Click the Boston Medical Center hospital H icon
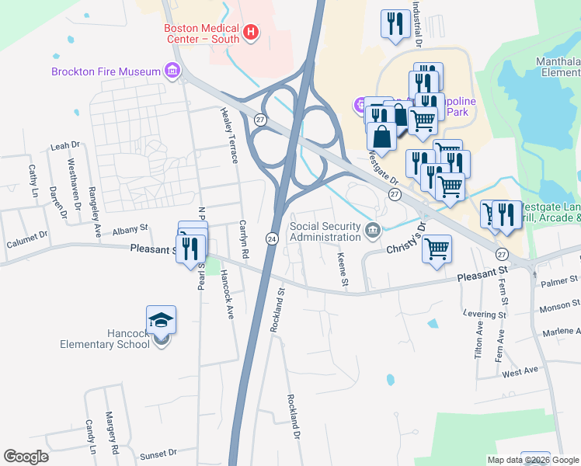pyautogui.click(x=251, y=32)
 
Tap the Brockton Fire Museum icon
pyautogui.click(x=172, y=71)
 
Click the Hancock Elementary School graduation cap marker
pyautogui.click(x=161, y=321)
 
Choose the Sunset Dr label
pyautogui.click(x=158, y=452)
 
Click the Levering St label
pyautogui.click(x=485, y=314)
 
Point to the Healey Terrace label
pyautogui.click(x=231, y=130)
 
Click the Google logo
pyautogui.click(x=26, y=457)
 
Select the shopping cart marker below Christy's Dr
pyautogui.click(x=437, y=249)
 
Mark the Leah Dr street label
pyautogui.click(x=65, y=145)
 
